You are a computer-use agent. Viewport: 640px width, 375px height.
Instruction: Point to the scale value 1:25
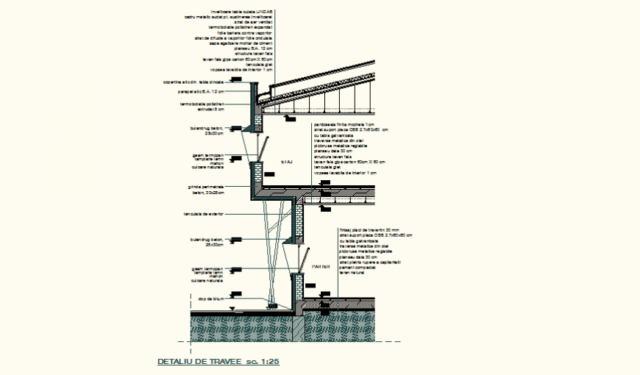click(271, 362)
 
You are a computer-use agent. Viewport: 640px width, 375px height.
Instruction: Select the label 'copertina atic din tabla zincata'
click(193, 82)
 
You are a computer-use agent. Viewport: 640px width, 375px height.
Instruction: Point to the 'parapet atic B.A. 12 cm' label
click(200, 92)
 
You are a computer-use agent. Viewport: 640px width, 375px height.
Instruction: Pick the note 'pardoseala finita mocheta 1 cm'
click(343, 125)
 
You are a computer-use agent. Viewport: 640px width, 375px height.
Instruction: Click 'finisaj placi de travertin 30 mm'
click(369, 230)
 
